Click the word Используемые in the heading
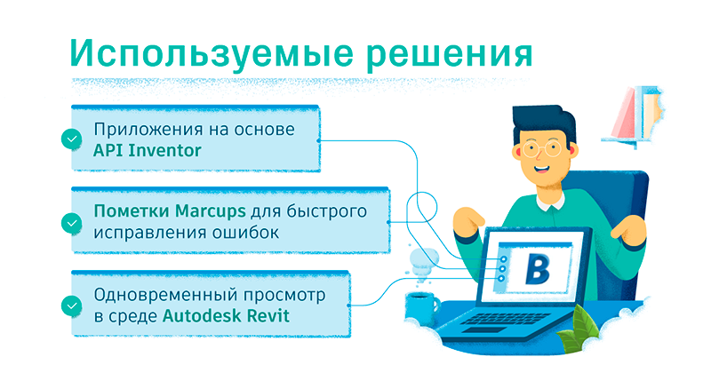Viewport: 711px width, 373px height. tap(212, 54)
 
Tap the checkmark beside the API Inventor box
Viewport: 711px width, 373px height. tap(72, 139)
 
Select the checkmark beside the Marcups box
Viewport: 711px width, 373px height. tap(72, 223)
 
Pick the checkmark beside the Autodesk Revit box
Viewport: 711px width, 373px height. tap(72, 306)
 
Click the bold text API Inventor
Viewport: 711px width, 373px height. tap(147, 150)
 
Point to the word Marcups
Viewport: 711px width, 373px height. tap(211, 211)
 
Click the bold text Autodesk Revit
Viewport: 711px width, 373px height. tap(226, 315)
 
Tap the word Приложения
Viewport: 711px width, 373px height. tap(146, 130)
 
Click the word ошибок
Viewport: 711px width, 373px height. tap(239, 233)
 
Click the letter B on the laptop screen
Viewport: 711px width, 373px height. tap(537, 269)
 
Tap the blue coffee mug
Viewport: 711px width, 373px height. tap(421, 308)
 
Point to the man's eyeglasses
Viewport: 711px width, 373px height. tap(541, 148)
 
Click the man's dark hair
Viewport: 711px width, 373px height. tap(543, 123)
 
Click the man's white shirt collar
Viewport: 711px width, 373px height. tap(550, 203)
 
